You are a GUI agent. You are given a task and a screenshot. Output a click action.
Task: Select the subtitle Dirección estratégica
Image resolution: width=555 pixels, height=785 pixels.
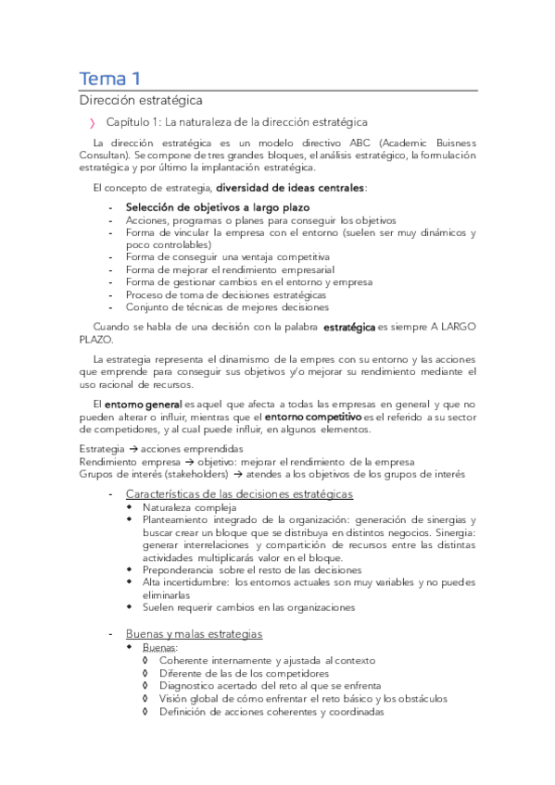(x=140, y=99)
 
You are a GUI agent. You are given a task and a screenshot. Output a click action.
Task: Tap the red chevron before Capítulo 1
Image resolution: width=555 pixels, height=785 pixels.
(x=92, y=122)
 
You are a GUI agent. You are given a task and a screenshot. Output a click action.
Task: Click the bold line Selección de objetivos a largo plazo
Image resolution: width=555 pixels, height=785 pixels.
(x=218, y=206)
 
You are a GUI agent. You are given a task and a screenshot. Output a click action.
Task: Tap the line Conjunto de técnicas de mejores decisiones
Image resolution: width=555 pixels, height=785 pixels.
(x=227, y=306)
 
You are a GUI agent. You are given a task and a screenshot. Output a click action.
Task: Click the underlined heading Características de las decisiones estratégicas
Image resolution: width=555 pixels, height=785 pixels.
(x=239, y=493)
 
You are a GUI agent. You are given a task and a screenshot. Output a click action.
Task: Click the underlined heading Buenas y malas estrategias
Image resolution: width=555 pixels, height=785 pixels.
(x=194, y=633)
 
